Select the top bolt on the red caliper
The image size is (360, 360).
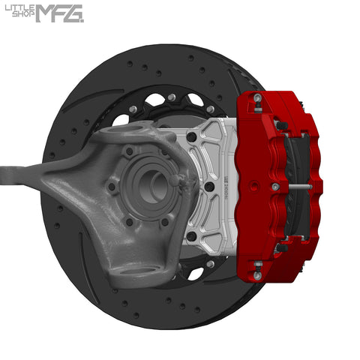tap(257, 98)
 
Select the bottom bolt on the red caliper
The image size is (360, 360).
tap(257, 275)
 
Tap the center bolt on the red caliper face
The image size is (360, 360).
tap(275, 187)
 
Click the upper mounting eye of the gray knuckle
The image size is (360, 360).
tap(124, 136)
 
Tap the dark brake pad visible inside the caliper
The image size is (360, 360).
tap(300, 157)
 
